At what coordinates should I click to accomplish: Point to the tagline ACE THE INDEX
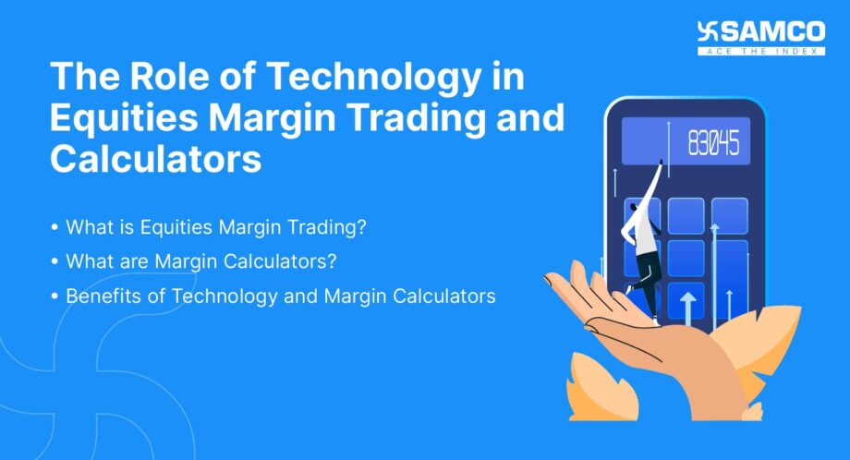point(774,50)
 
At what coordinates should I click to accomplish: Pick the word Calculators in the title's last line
point(155,158)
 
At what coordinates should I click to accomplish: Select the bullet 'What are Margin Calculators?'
point(200,261)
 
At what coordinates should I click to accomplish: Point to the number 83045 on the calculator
point(713,144)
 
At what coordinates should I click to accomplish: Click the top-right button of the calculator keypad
point(729,215)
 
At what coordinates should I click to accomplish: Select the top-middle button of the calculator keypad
point(685,215)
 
